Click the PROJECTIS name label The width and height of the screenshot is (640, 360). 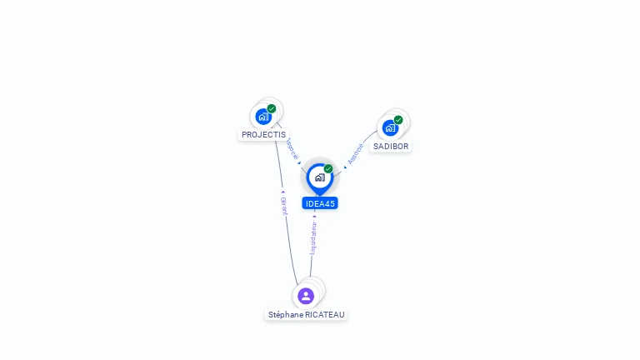pos(263,134)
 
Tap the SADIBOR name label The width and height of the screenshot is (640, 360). pos(390,146)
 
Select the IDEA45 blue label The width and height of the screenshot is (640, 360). pos(320,203)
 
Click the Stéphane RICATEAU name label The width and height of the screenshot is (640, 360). pos(306,314)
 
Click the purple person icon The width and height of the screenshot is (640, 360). pos(306,296)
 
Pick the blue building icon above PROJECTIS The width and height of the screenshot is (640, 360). pos(263,117)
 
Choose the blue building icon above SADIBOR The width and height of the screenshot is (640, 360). pos(389,128)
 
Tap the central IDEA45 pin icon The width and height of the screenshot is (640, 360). pos(319,177)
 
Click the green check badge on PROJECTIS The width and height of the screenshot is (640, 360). pos(272,108)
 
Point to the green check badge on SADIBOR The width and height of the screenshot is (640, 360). pos(398,120)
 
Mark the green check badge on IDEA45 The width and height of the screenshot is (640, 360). pos(328,169)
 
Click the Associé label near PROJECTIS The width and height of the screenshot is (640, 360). pos(291,148)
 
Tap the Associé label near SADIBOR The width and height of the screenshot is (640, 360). pos(356,154)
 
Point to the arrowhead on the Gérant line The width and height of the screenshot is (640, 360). pos(283,192)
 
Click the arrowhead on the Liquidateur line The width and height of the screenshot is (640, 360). pos(314,217)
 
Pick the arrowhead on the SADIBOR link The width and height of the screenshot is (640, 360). pos(345,167)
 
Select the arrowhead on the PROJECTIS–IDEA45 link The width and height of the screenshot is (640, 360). pos(299,162)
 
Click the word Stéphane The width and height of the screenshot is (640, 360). pos(286,314)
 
